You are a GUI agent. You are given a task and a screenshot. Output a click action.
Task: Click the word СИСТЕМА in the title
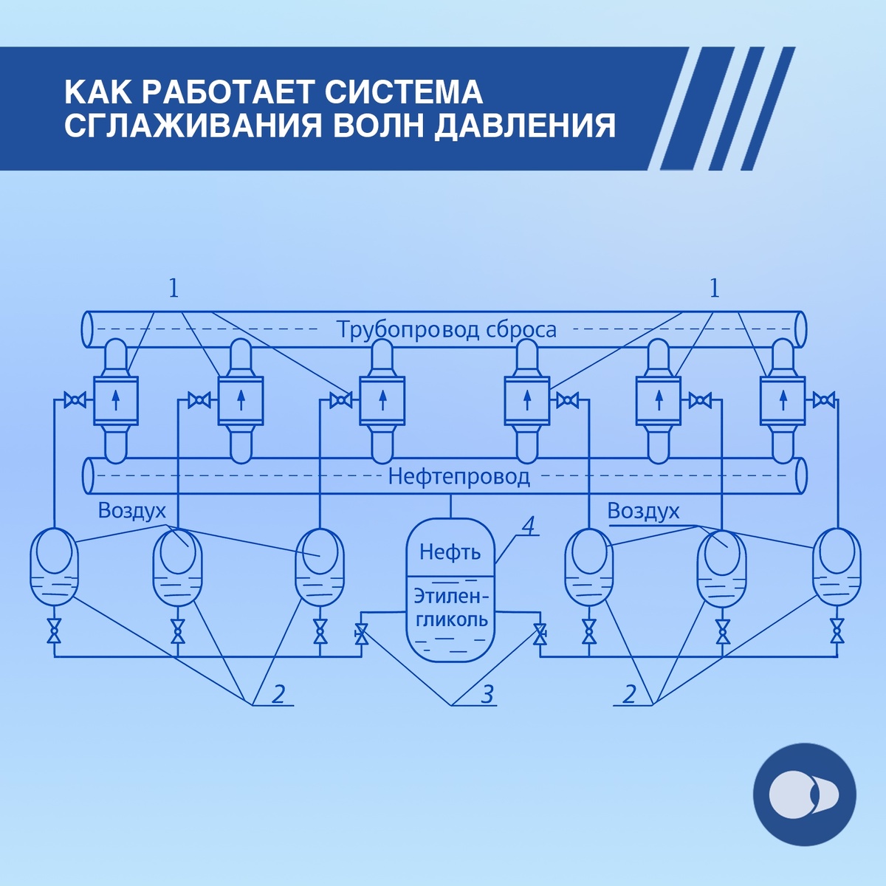click(x=399, y=92)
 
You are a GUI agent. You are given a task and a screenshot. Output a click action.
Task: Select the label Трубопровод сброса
click(x=446, y=329)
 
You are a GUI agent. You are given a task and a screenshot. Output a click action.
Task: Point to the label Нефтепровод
click(x=459, y=476)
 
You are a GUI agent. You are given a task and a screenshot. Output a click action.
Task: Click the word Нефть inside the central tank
click(x=450, y=552)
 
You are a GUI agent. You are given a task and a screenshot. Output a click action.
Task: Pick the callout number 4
click(x=528, y=525)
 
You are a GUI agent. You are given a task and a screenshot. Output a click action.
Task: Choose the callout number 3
click(x=487, y=694)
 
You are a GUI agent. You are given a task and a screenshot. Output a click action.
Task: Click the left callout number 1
click(x=174, y=288)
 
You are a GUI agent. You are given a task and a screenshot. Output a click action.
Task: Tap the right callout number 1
click(x=713, y=288)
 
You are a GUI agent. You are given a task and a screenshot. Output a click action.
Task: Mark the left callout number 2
click(x=278, y=694)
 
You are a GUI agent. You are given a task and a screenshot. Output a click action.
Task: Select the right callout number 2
click(x=629, y=694)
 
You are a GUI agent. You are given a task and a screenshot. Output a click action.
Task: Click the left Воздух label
click(x=132, y=511)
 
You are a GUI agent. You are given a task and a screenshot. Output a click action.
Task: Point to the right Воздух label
click(x=643, y=511)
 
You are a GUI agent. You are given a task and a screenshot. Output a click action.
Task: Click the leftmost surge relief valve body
click(x=116, y=400)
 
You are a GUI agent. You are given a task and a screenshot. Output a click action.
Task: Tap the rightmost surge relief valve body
click(x=783, y=400)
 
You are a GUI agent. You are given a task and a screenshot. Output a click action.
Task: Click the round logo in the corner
click(x=804, y=794)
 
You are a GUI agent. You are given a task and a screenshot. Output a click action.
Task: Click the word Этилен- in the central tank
click(x=451, y=595)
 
